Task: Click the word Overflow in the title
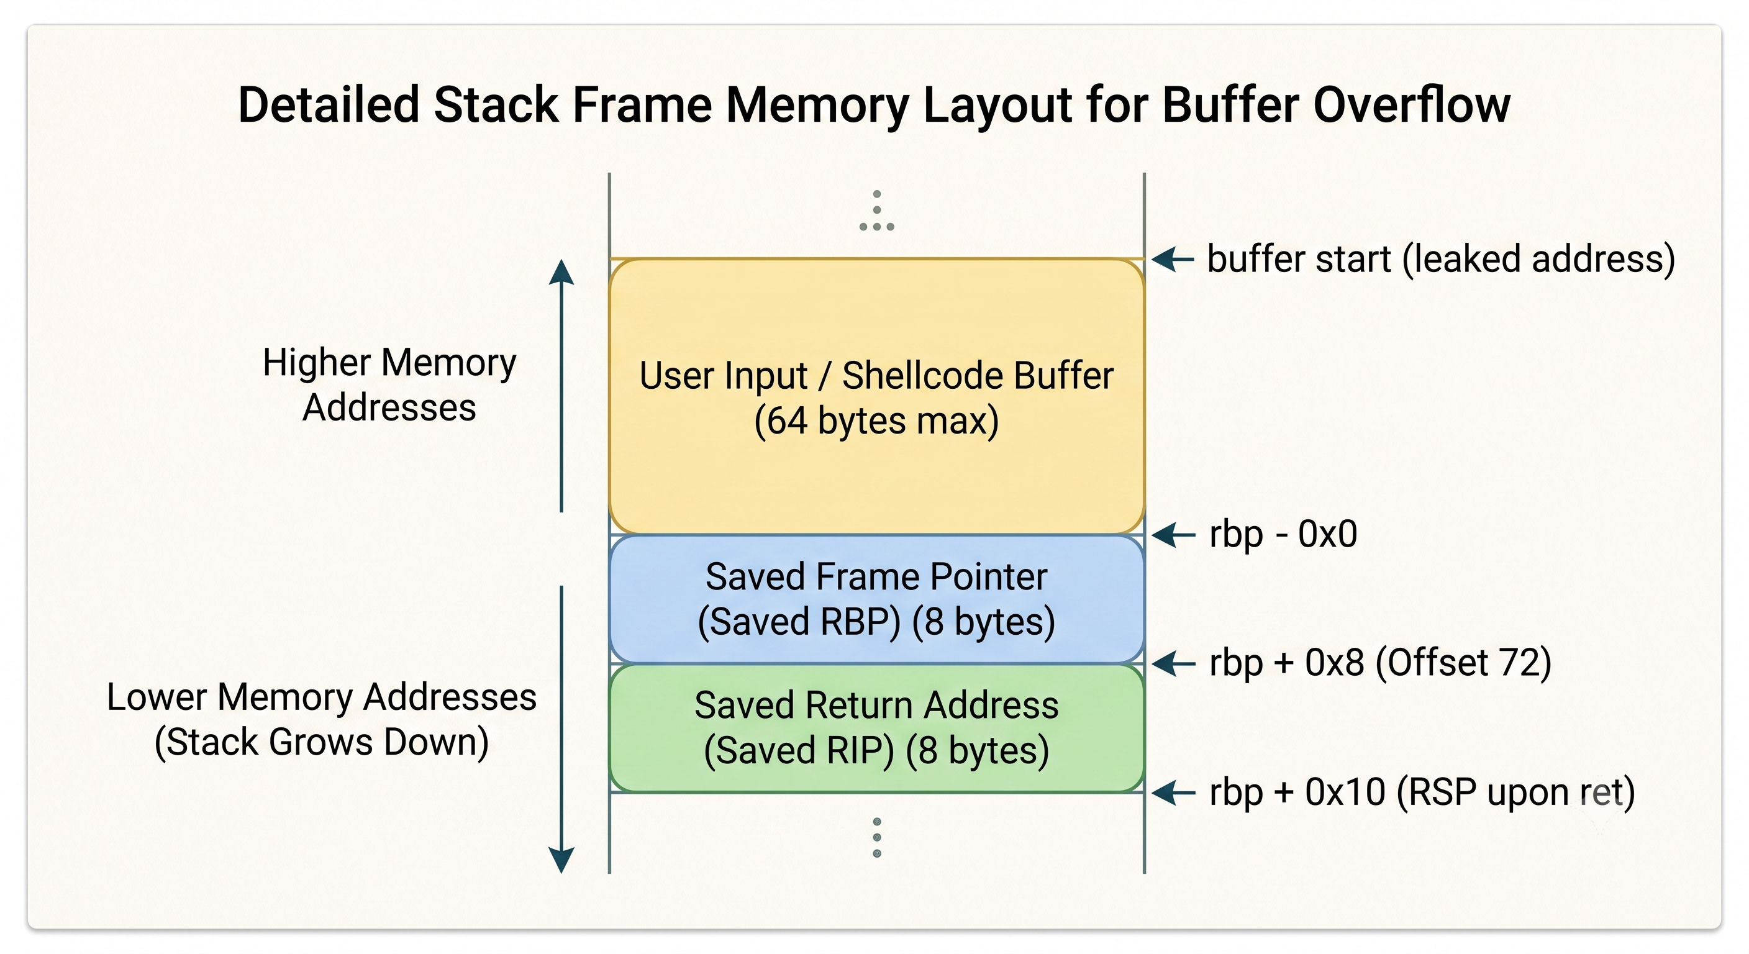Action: (1412, 104)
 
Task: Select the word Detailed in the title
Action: (329, 104)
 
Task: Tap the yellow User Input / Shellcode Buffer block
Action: (876, 396)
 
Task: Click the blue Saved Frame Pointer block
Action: (876, 599)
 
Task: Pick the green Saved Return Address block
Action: (876, 728)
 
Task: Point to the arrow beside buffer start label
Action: (1173, 259)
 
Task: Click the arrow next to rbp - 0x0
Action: (1173, 535)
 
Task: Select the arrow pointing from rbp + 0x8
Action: (1173, 663)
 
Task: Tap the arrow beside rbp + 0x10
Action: (1173, 793)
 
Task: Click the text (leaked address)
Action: (1538, 260)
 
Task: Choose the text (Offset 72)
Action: (1463, 663)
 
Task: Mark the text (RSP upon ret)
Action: (1515, 793)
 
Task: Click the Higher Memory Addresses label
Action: (389, 384)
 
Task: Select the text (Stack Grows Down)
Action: (321, 742)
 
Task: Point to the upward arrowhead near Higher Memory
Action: (561, 272)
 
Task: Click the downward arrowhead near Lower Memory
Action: (561, 860)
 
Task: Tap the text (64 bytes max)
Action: (876, 420)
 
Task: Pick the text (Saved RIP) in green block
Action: (799, 750)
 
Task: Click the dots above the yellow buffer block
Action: (876, 211)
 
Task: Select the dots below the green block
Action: (876, 837)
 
